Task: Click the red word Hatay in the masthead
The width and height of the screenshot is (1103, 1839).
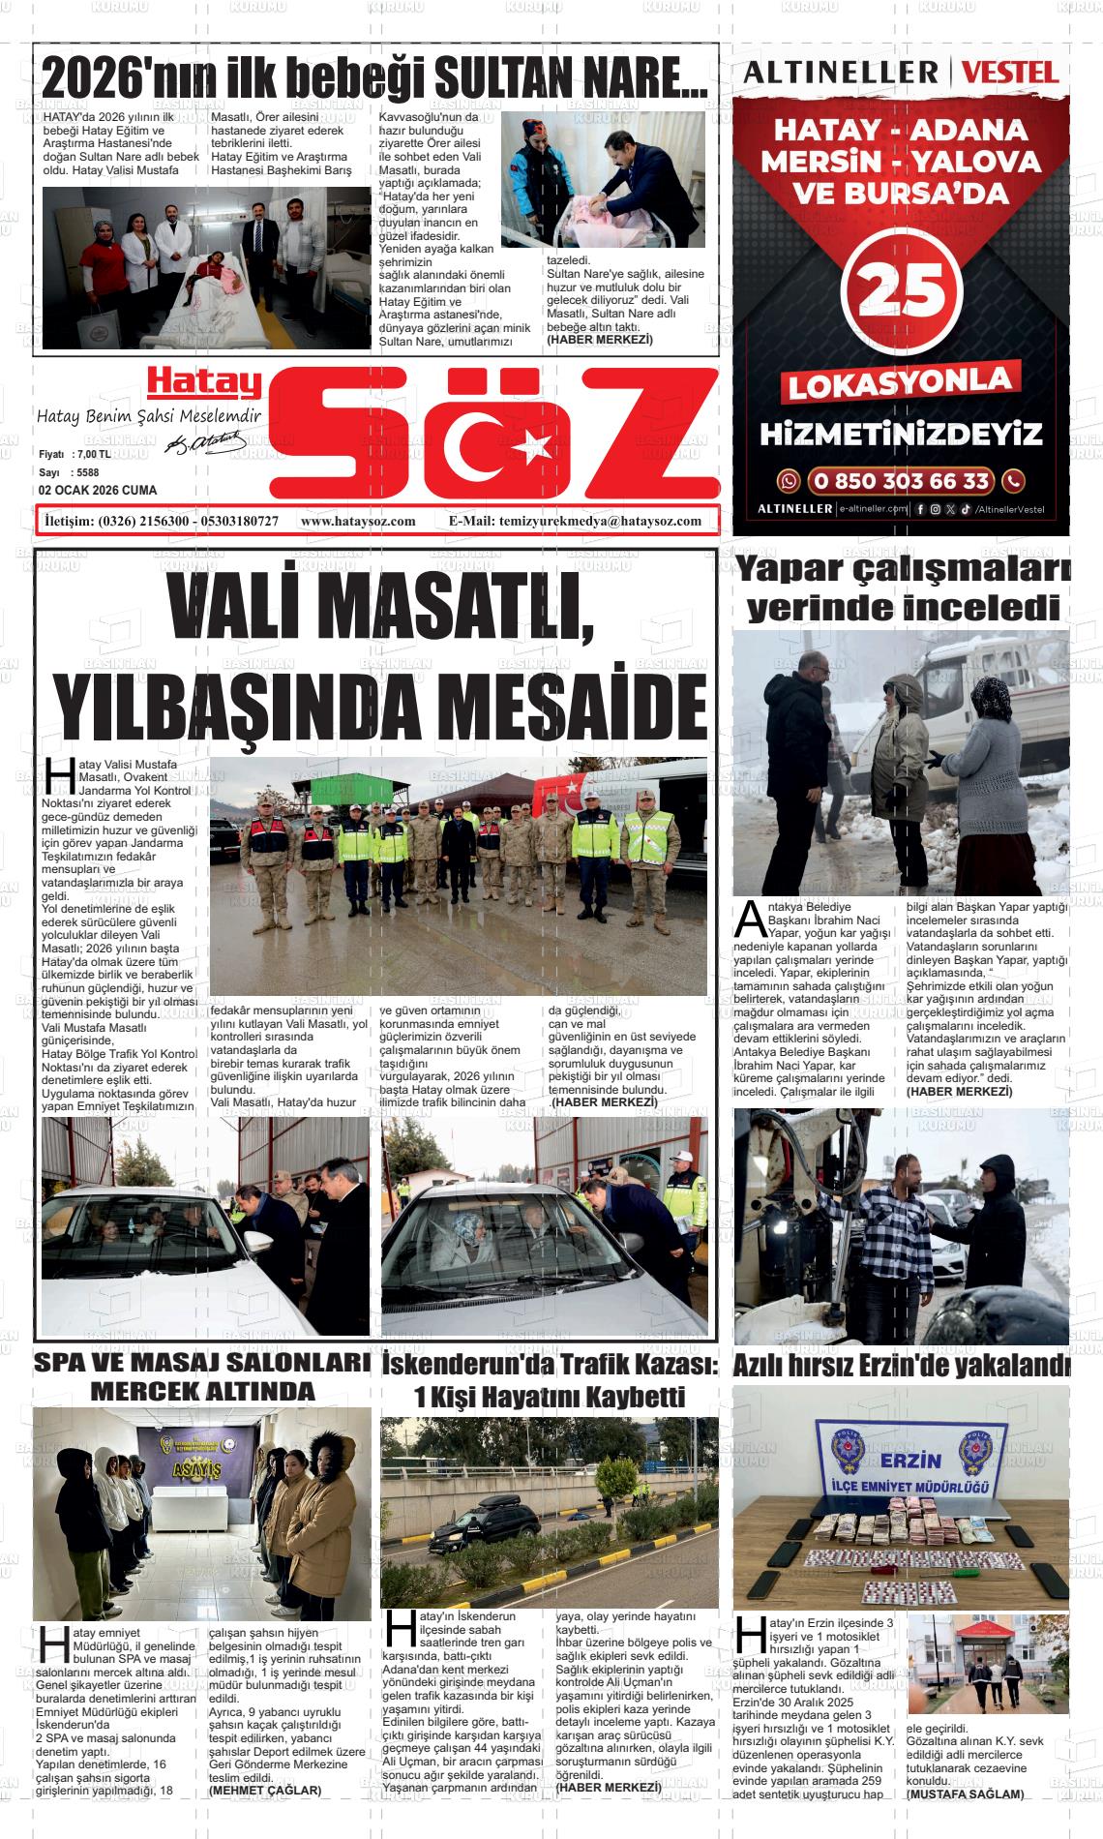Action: coord(204,383)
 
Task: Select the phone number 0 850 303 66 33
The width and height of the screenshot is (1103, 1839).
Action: coord(902,481)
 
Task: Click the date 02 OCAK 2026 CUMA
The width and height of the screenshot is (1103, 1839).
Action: coord(97,491)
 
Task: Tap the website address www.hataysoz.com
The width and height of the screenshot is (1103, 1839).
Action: coord(358,521)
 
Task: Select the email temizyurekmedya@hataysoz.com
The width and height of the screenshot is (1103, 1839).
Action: coord(600,521)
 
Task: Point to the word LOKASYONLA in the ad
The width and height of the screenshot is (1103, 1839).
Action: coord(901,383)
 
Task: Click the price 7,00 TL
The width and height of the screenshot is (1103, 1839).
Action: coord(92,454)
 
